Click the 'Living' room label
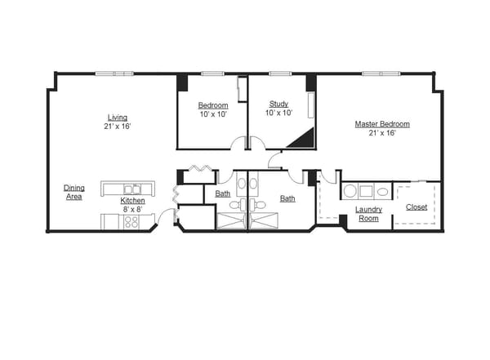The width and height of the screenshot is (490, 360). [x=118, y=117]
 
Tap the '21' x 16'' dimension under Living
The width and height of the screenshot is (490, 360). [x=118, y=127]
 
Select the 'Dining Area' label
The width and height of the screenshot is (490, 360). [x=74, y=192]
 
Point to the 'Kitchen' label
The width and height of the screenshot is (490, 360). [x=133, y=200]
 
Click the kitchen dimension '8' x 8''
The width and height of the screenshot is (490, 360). [x=133, y=209]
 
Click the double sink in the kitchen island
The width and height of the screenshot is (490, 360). [x=131, y=189]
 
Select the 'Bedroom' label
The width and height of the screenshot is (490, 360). [x=212, y=105]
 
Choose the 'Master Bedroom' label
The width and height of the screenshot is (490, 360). [x=381, y=124]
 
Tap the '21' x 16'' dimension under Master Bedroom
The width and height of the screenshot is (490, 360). [x=381, y=133]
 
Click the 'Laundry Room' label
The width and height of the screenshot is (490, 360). [x=367, y=214]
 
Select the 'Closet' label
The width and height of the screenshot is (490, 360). [x=416, y=207]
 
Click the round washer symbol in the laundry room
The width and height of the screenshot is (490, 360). [x=350, y=192]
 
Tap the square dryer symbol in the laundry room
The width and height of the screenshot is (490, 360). [x=366, y=192]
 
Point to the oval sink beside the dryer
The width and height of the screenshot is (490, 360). [x=381, y=192]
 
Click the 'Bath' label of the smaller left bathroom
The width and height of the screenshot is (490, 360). [x=222, y=193]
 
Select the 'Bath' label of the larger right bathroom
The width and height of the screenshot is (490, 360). [x=287, y=198]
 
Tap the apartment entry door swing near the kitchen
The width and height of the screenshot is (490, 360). [x=167, y=216]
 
